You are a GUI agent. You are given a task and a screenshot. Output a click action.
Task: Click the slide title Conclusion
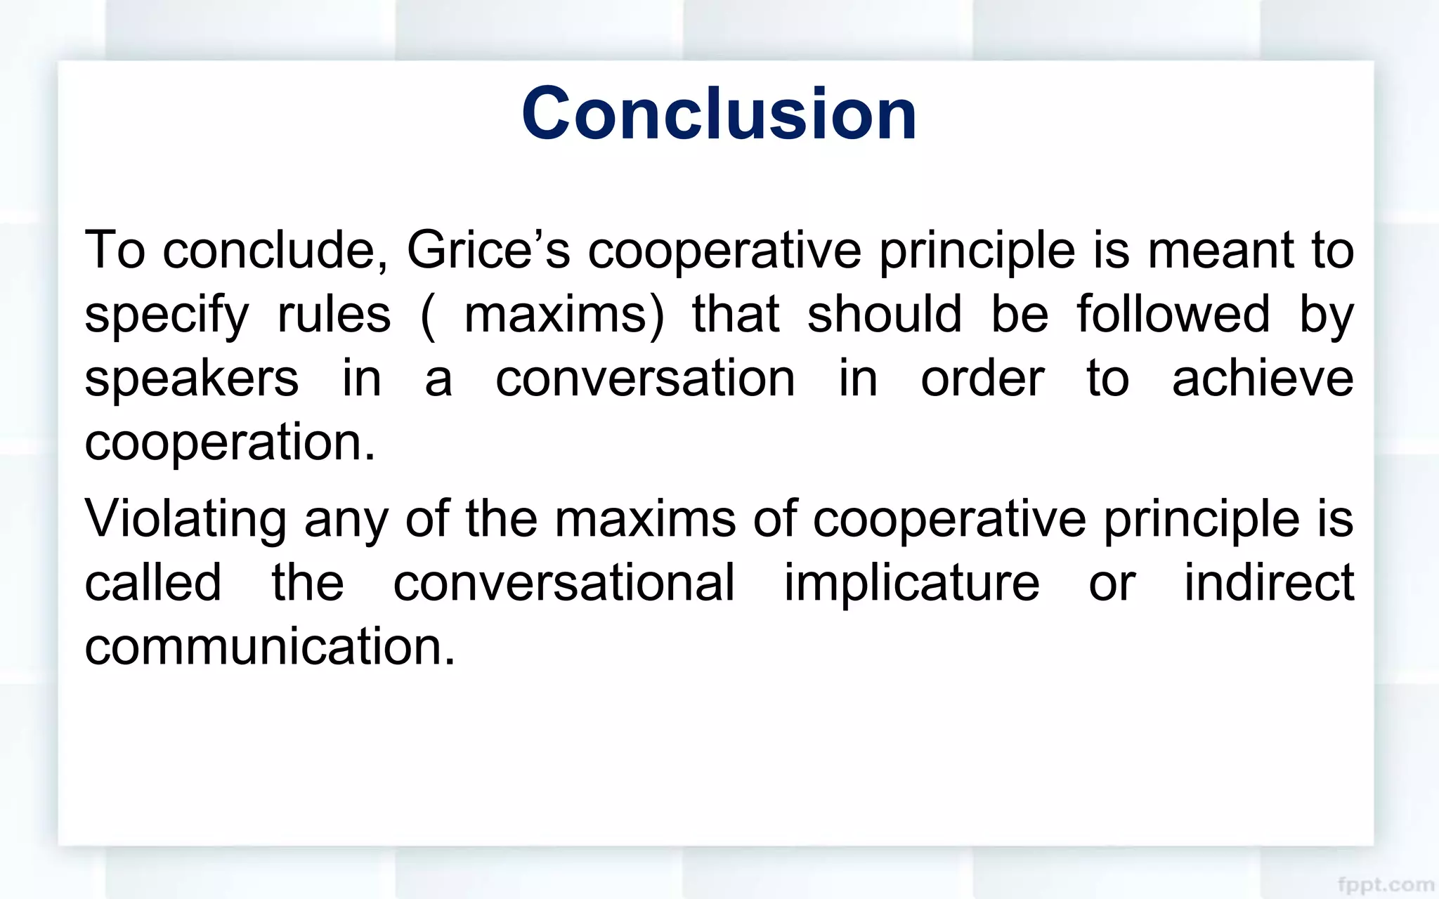tap(719, 113)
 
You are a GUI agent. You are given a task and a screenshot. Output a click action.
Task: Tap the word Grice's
tap(488, 250)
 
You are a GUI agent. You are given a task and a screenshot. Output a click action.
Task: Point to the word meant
tap(1220, 250)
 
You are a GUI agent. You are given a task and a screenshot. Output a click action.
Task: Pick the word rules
tap(334, 314)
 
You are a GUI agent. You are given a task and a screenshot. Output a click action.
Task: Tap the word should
tap(884, 314)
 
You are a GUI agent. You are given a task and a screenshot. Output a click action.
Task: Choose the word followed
tap(1173, 314)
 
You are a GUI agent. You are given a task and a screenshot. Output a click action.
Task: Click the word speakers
tap(191, 379)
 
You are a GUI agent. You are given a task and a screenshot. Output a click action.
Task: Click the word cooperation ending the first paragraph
tap(230, 442)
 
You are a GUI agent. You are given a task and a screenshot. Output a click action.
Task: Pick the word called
tap(152, 582)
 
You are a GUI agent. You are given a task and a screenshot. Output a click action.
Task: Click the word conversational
tap(564, 582)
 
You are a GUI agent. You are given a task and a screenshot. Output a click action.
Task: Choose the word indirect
tap(1269, 582)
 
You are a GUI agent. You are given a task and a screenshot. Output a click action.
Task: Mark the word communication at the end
tap(270, 646)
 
